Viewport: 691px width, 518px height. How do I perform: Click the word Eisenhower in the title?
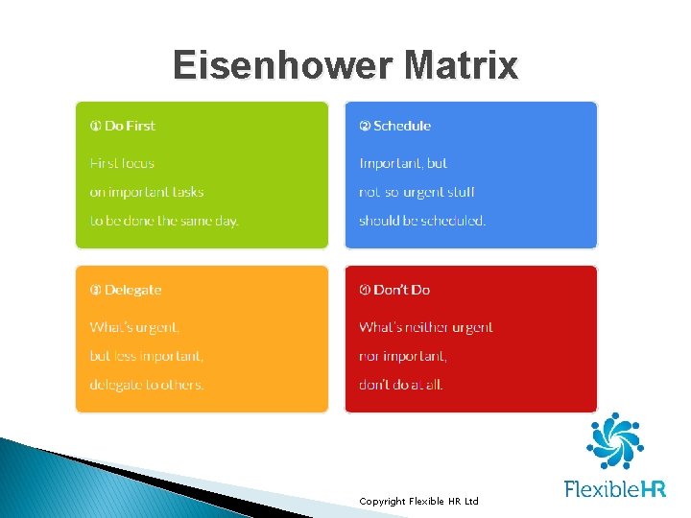click(283, 66)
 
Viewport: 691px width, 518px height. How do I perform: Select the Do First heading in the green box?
click(123, 126)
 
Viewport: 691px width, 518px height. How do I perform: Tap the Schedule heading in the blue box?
click(395, 126)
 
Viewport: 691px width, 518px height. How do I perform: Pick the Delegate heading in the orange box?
click(126, 290)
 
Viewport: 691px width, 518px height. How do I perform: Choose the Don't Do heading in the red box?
click(394, 290)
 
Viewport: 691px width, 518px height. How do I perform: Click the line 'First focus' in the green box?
click(122, 163)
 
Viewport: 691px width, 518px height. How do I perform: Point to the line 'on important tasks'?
click(147, 192)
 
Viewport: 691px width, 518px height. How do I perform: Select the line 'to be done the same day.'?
click(164, 221)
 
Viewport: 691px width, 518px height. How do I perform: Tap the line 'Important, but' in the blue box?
click(403, 163)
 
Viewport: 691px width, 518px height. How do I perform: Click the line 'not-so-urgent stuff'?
click(417, 192)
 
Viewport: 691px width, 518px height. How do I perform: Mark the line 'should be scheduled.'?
click(422, 221)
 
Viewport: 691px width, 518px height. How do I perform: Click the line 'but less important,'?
click(147, 356)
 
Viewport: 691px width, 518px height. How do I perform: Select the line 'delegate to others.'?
click(147, 385)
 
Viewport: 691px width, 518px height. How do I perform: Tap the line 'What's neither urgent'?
click(426, 327)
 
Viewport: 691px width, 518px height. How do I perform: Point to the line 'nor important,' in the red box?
click(403, 356)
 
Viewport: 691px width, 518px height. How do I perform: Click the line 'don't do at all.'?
click(401, 385)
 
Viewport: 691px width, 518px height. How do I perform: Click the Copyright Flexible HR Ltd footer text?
click(418, 502)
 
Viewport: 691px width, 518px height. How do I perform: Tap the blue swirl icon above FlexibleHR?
click(614, 441)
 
